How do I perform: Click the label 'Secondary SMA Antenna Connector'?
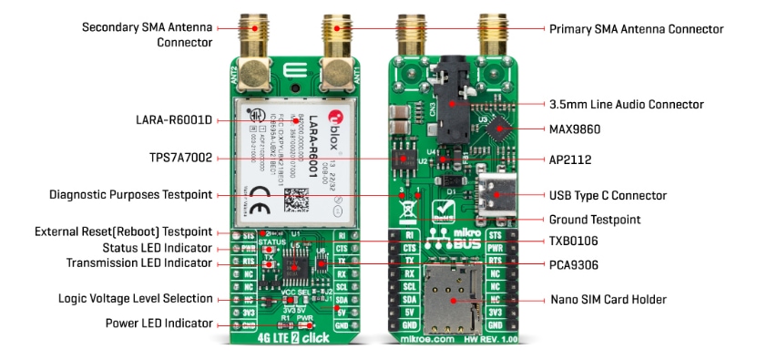point(147,34)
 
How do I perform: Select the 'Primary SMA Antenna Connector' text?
point(636,29)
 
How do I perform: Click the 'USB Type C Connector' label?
point(608,195)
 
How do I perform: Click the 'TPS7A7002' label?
point(180,158)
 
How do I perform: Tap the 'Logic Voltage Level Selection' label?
point(135,298)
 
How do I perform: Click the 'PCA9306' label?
point(574,265)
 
